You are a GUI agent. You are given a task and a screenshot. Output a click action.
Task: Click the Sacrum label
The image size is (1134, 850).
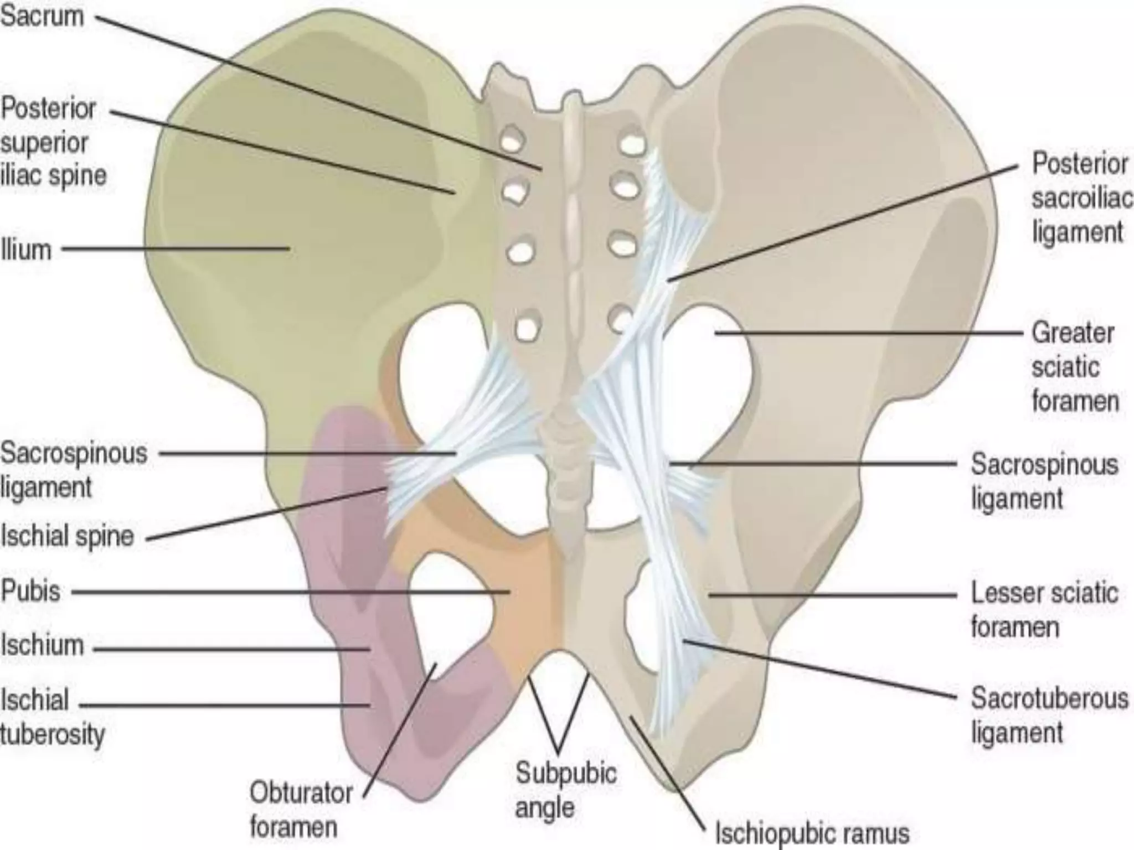pyautogui.click(x=42, y=17)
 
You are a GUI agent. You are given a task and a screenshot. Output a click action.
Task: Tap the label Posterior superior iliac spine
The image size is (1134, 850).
pyautogui.click(x=53, y=142)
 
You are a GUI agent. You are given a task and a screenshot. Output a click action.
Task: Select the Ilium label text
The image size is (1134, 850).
pyautogui.click(x=26, y=250)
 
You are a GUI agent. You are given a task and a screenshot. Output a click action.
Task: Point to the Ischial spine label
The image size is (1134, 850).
pyautogui.click(x=68, y=536)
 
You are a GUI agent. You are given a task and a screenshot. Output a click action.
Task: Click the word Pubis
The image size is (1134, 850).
pyautogui.click(x=31, y=591)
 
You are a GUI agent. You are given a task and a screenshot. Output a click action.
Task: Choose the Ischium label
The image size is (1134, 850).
pyautogui.click(x=42, y=645)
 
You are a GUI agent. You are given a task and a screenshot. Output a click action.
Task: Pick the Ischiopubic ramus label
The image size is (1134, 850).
pyautogui.click(x=812, y=832)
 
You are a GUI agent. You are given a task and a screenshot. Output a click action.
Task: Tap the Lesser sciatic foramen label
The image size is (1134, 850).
pyautogui.click(x=1044, y=610)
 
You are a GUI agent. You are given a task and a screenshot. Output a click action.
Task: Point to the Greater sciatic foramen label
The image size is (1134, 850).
pyautogui.click(x=1074, y=367)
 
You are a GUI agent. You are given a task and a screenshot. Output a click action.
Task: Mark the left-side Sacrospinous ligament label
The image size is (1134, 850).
pyautogui.click(x=74, y=470)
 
